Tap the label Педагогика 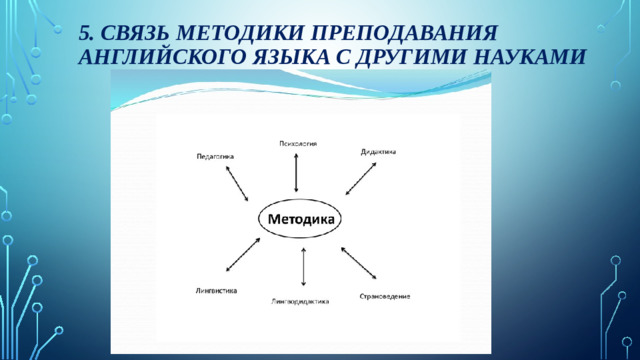(214, 157)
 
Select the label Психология (297, 144)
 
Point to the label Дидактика (378, 152)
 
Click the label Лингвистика (216, 290)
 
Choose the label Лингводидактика (300, 300)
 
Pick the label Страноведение (384, 296)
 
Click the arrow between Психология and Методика (296, 172)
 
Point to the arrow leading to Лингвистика (243, 255)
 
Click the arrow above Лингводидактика (303, 267)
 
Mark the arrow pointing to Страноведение (359, 261)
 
